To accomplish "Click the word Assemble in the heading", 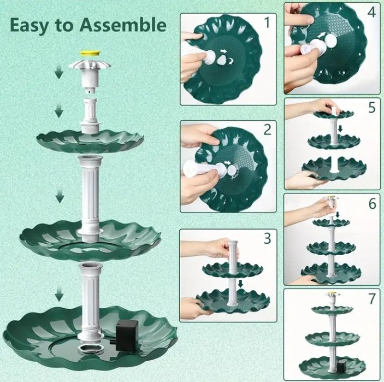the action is click(123, 25).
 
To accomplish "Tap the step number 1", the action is click(267, 22).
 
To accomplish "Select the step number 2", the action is click(267, 130).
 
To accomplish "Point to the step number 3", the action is click(268, 238).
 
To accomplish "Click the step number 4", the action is click(371, 11).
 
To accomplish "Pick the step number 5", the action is click(372, 107).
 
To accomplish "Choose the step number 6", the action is click(372, 203).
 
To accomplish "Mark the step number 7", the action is click(372, 298).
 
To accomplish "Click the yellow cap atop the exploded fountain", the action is click(91, 53).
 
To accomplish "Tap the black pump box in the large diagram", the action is click(127, 335).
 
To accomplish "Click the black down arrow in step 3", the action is click(240, 284).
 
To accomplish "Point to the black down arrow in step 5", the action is click(340, 128).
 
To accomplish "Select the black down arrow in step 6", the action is click(338, 215).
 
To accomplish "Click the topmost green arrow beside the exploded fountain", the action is click(58, 74).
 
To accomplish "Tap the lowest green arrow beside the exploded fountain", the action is click(59, 295).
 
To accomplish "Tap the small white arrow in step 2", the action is click(228, 163).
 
